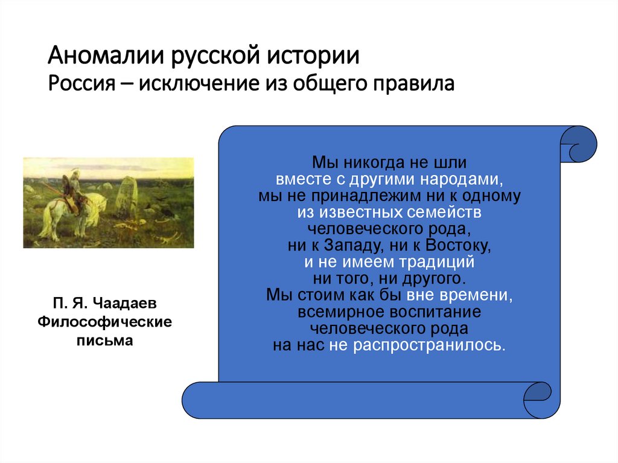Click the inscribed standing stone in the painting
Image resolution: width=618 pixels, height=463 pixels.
pyautogui.click(x=126, y=196)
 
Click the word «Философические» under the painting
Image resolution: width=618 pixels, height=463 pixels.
pyautogui.click(x=104, y=322)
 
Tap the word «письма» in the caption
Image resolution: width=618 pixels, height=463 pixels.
pyautogui.click(x=104, y=340)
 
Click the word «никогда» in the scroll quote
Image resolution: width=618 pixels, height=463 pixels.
pyautogui.click(x=369, y=163)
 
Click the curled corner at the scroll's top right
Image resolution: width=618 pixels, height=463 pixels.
pyautogui.click(x=578, y=145)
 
